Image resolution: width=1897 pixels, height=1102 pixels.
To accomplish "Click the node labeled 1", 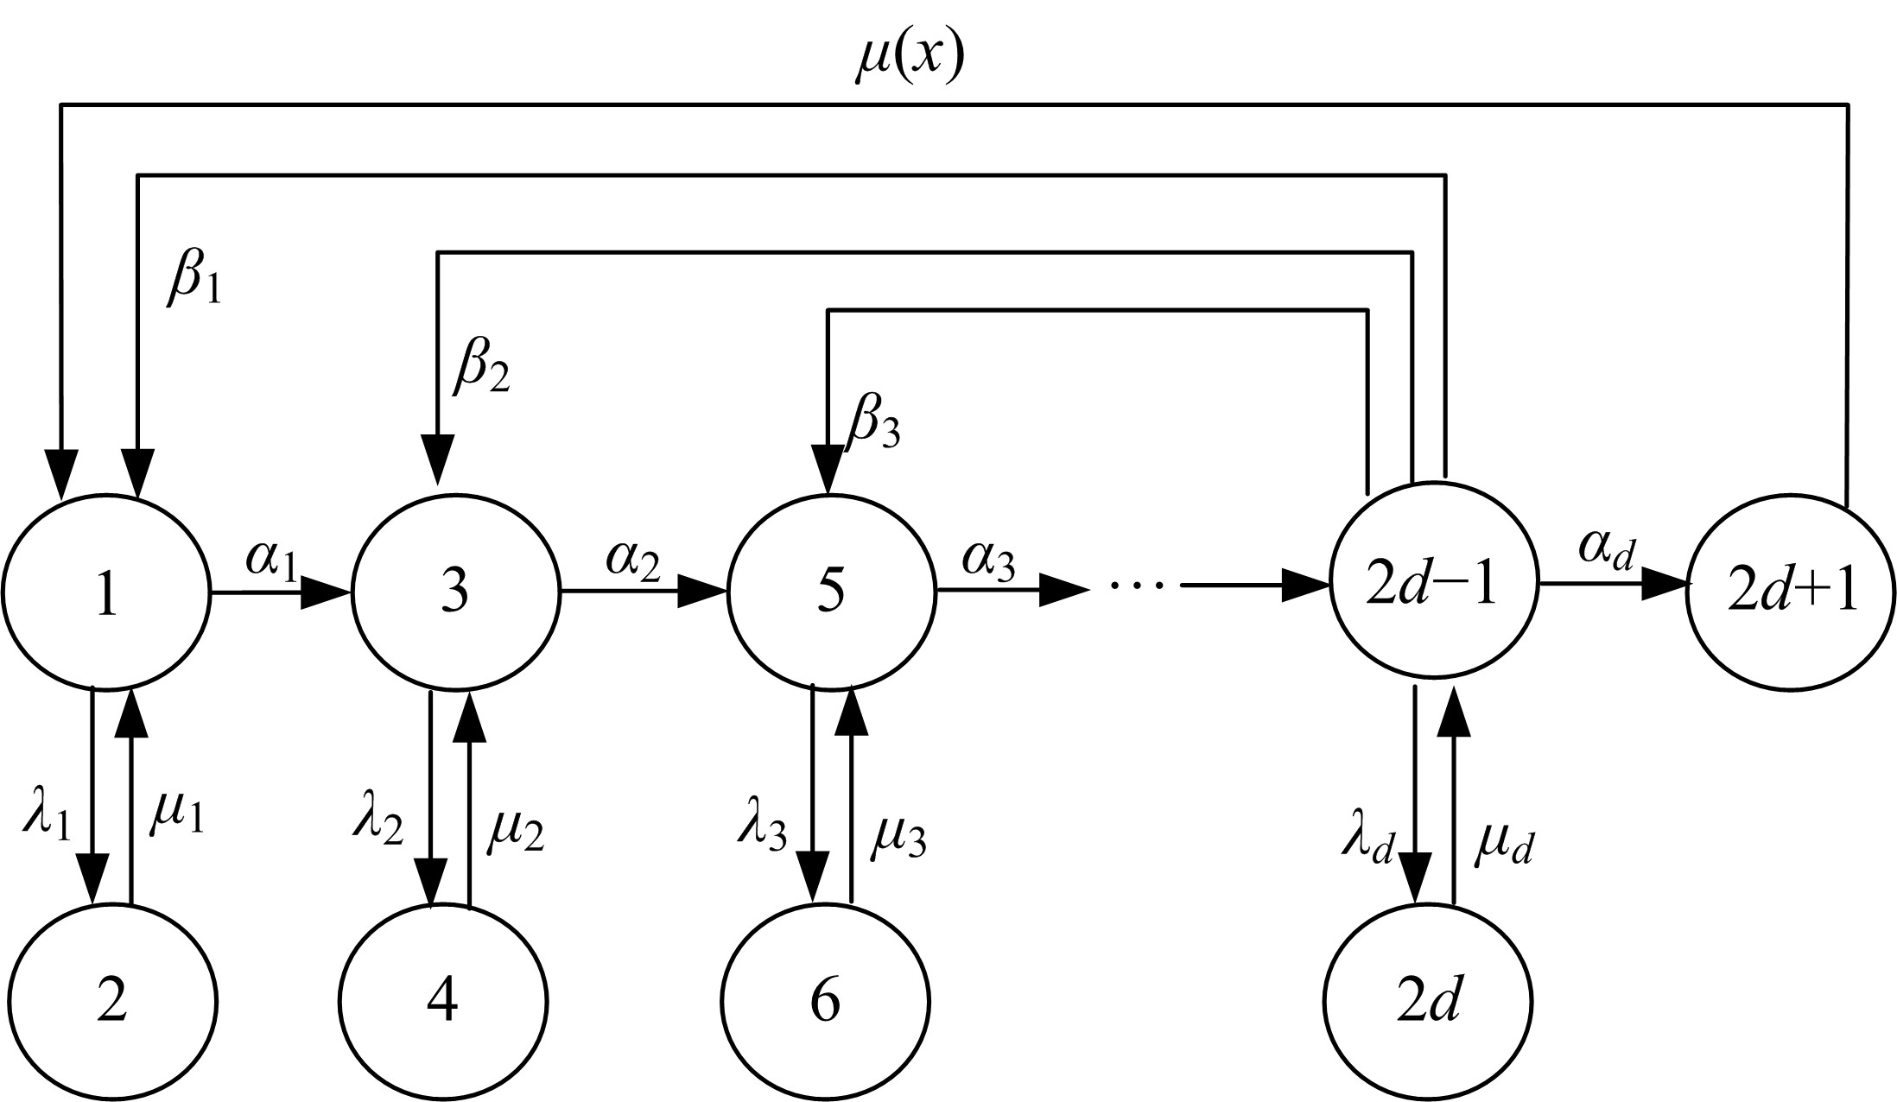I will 106,593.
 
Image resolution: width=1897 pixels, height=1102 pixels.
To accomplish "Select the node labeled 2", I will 111,1003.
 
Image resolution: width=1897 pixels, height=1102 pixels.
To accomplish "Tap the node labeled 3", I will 454,593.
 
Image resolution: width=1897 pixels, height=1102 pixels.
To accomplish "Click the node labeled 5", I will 831,593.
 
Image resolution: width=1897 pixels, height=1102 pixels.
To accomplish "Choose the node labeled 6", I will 826,1003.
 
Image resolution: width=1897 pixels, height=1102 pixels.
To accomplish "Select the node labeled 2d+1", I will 1791,593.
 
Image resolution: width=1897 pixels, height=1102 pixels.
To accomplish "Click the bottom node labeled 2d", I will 1429,1003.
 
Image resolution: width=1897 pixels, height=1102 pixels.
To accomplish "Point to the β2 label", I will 481,366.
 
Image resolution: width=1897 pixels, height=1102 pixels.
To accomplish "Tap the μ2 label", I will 516,830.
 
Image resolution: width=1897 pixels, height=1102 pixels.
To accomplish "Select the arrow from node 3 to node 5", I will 644,592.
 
